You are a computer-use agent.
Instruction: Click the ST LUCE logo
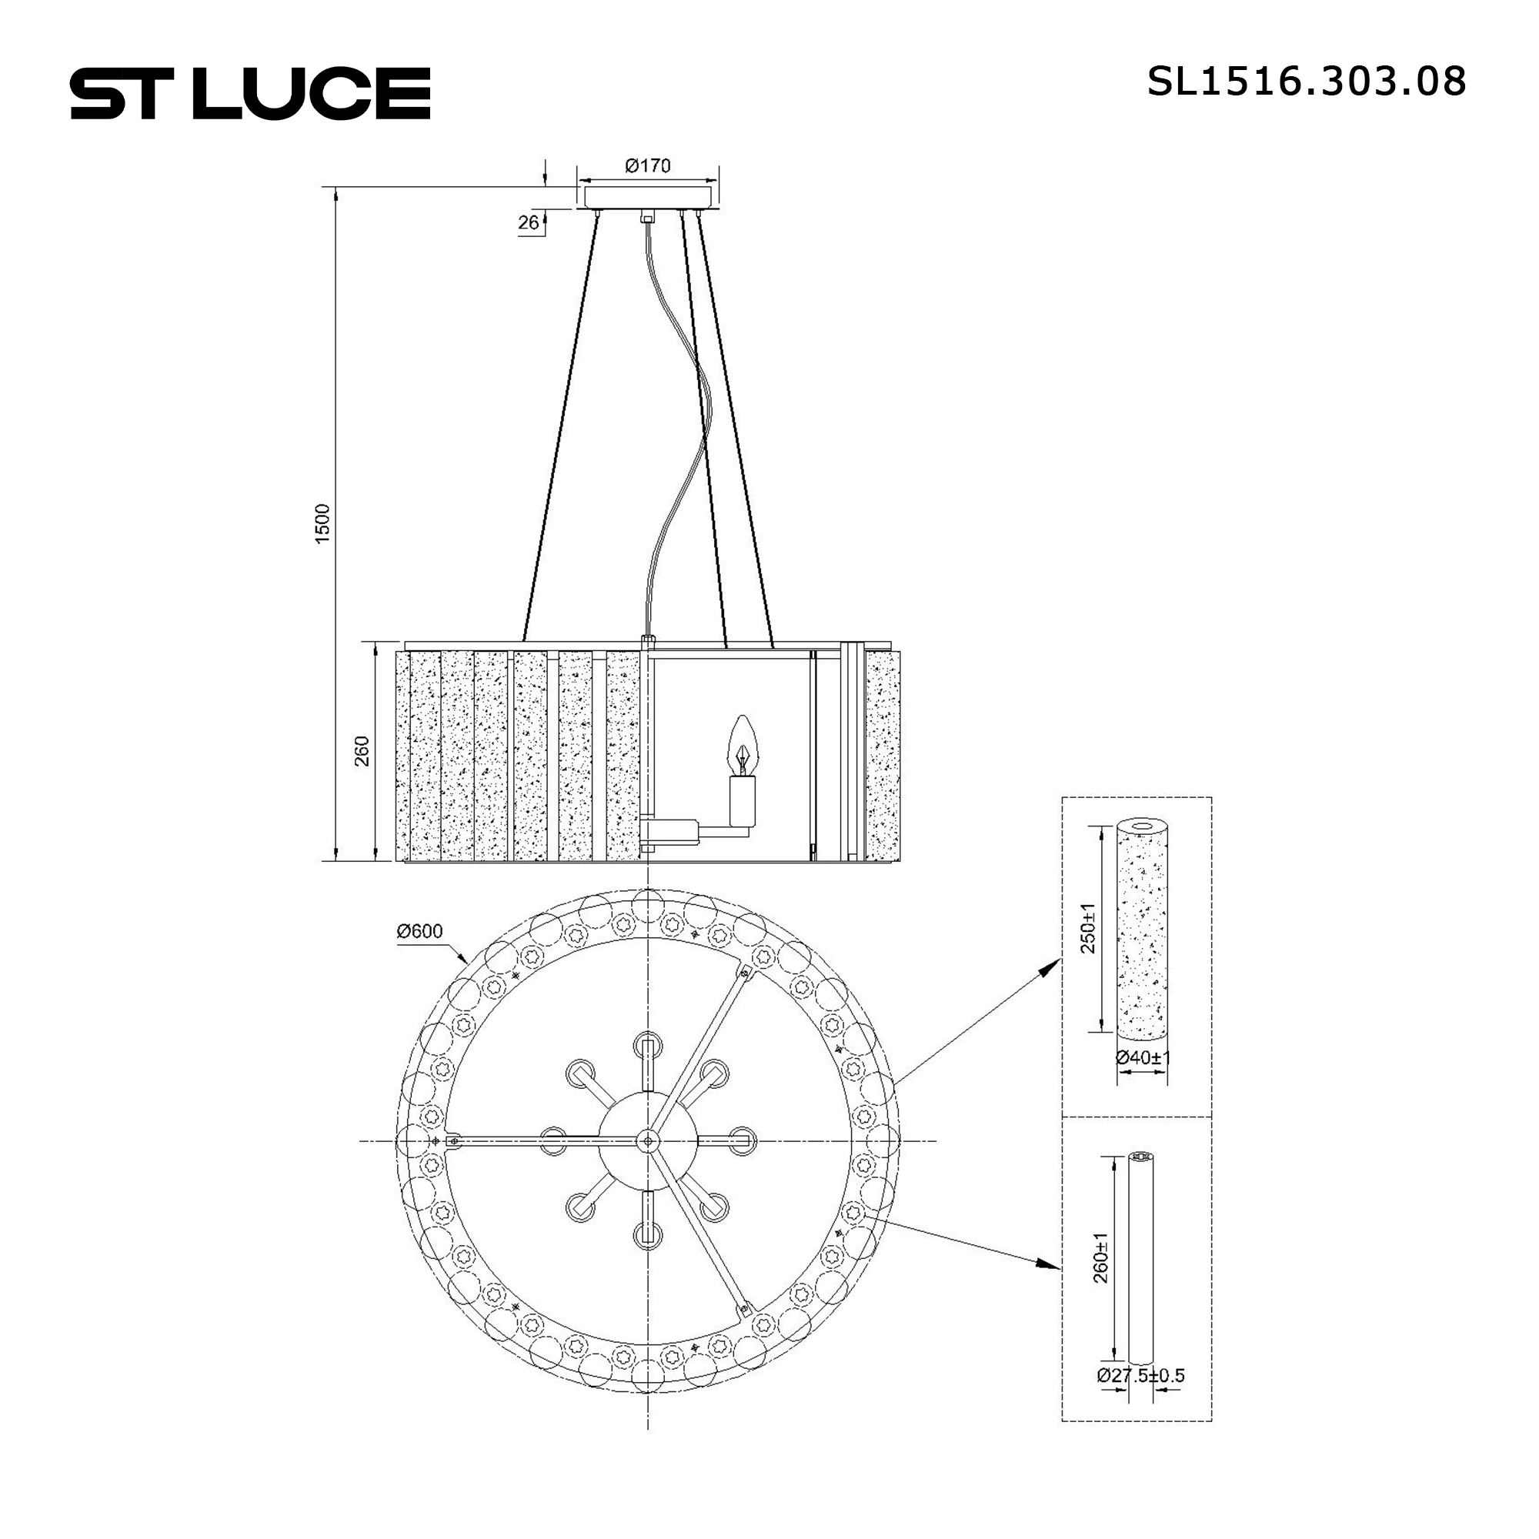coord(250,94)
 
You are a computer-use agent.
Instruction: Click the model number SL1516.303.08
coord(1306,82)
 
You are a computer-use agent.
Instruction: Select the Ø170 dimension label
coord(647,165)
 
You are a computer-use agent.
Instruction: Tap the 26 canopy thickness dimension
coord(528,222)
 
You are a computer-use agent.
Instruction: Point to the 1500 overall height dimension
coord(322,523)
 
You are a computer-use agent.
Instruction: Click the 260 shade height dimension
coord(362,751)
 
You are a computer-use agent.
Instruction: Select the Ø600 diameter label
coord(419,930)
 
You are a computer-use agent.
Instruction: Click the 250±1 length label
coord(1088,928)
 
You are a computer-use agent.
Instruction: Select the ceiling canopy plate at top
coord(648,196)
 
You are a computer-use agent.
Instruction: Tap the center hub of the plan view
coord(648,1141)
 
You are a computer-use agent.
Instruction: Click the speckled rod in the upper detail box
coord(1142,928)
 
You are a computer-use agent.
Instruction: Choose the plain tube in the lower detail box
coord(1141,1259)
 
